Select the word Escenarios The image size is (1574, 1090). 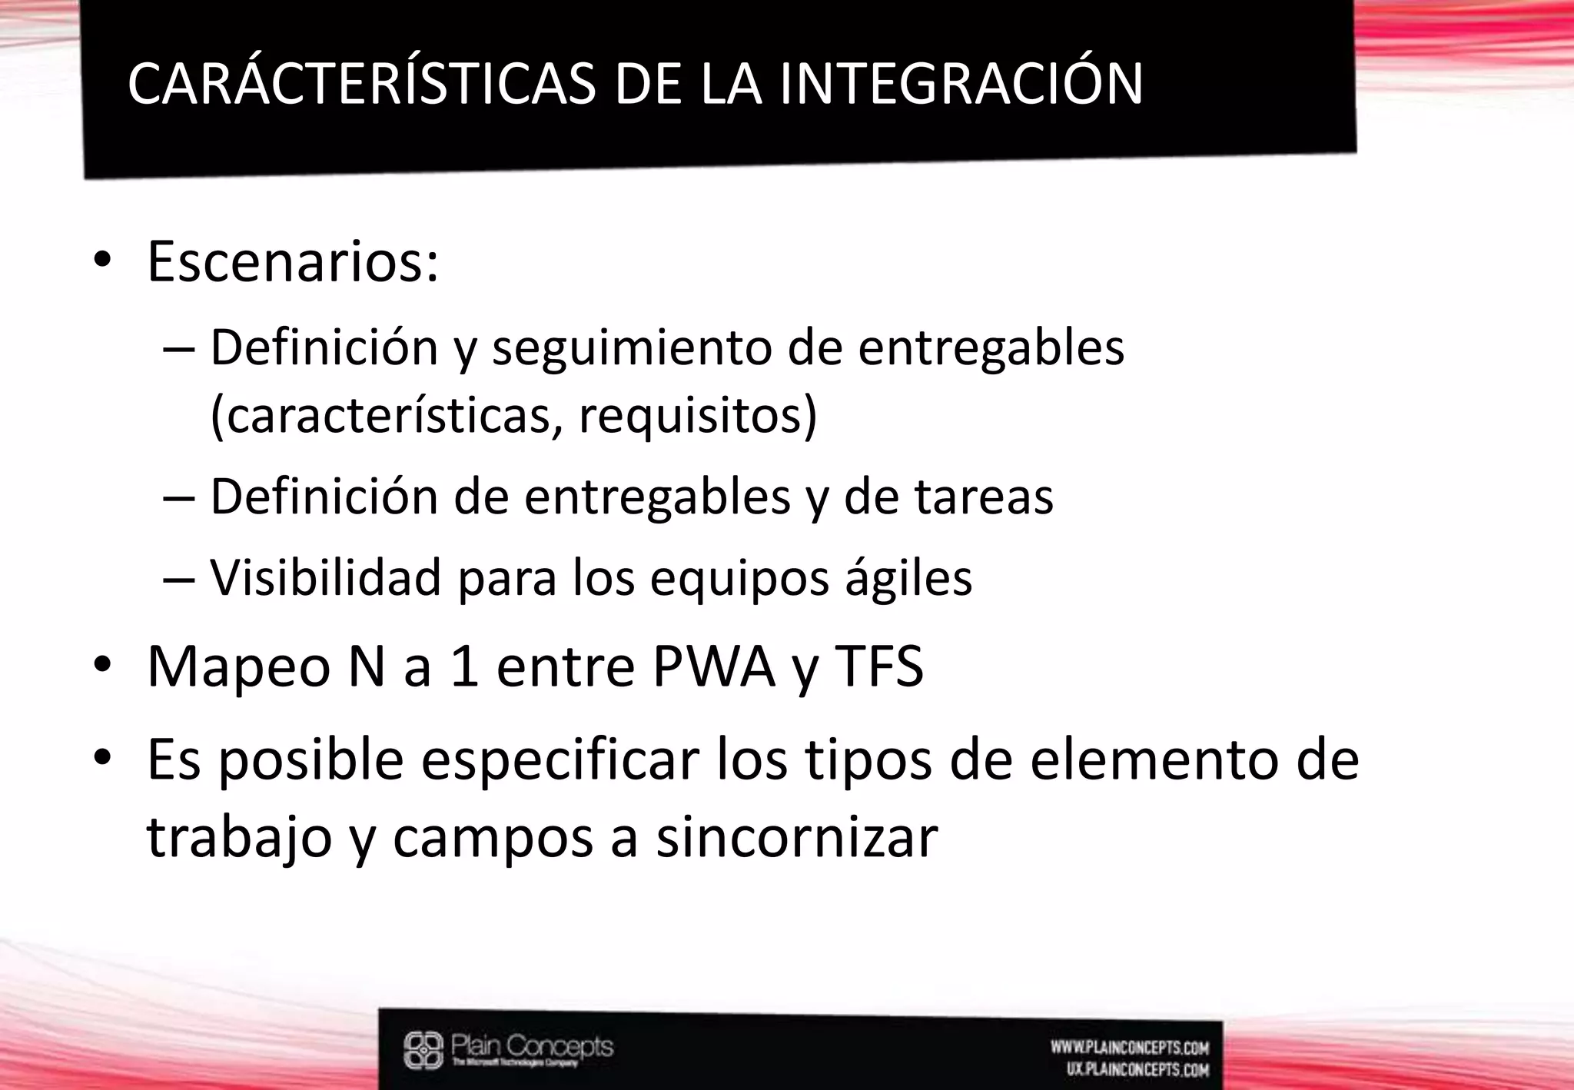click(292, 261)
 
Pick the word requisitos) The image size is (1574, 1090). click(697, 416)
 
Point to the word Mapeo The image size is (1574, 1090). click(238, 666)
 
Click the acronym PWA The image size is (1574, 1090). click(714, 666)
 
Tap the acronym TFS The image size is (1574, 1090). click(879, 666)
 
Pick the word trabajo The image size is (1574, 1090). click(239, 838)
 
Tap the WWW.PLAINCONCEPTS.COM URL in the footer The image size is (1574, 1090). click(1130, 1048)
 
